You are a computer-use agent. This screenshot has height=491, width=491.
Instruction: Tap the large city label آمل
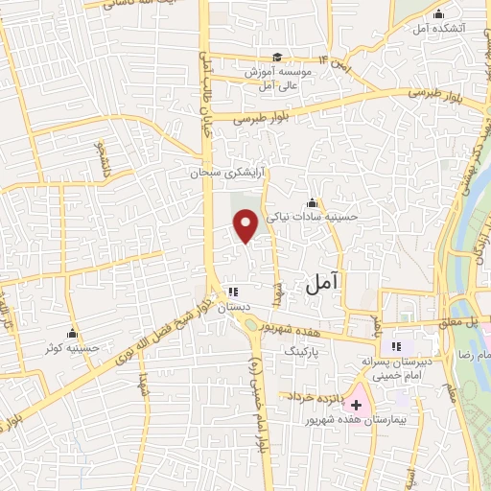coord(322,283)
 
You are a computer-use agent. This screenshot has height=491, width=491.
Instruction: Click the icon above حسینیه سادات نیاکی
coord(312,202)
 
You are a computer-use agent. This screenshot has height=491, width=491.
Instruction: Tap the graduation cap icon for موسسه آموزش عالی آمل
coord(277,58)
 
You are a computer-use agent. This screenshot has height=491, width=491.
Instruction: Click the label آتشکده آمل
coord(439,30)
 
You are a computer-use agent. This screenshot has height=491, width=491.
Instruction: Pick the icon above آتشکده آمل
coord(439,13)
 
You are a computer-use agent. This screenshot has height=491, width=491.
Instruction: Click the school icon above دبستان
coord(232,292)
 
